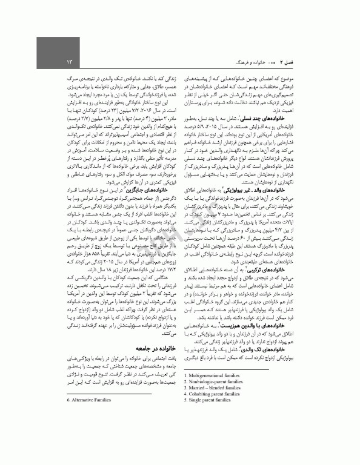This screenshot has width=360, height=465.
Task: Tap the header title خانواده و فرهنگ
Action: [x=248, y=62]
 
